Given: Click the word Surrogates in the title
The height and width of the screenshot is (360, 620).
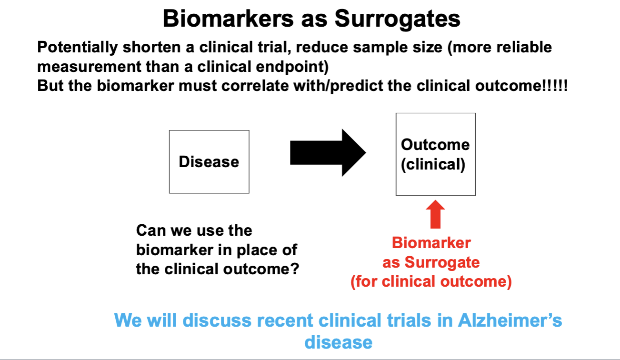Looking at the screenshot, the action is (x=398, y=20).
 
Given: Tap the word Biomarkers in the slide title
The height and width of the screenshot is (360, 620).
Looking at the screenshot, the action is (x=228, y=19).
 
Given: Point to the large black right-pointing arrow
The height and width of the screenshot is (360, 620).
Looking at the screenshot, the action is (x=328, y=152).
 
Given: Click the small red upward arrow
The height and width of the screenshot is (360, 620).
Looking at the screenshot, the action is (x=435, y=214).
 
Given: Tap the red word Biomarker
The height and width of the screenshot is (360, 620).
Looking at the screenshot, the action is (x=431, y=243).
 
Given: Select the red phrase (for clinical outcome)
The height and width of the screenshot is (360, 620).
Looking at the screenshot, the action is (x=431, y=282).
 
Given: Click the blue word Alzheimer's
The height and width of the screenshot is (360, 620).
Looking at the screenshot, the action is (x=510, y=320).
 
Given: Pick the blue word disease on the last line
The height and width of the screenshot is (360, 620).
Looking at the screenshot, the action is (x=338, y=342).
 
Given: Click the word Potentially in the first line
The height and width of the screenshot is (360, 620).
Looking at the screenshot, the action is (x=78, y=47).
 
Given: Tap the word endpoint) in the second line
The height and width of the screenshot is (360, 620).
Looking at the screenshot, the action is (x=292, y=67).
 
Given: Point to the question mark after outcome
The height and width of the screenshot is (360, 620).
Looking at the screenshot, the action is (x=294, y=269).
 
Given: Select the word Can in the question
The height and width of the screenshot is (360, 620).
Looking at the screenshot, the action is (x=151, y=230).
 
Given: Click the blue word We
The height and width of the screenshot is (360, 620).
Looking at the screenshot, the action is (x=128, y=320).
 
